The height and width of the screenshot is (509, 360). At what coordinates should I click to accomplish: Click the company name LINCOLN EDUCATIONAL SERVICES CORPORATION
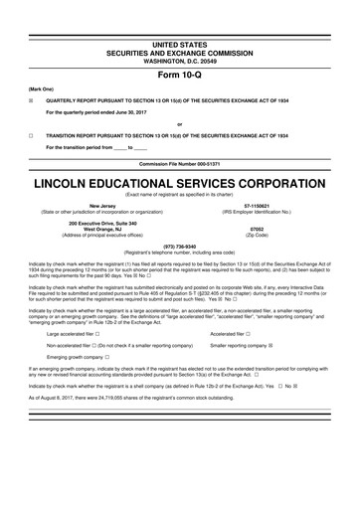click(x=179, y=186)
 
